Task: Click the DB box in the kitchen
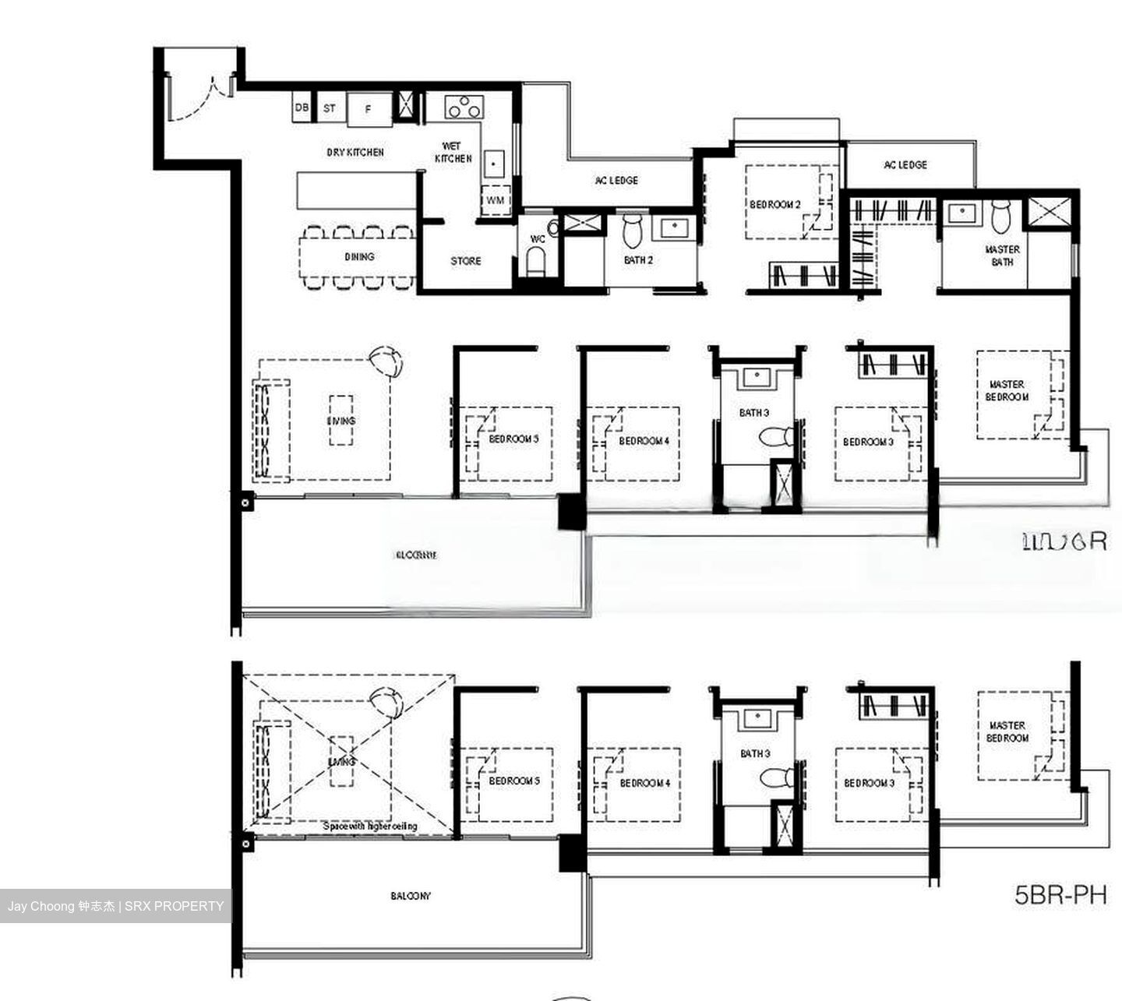(302, 108)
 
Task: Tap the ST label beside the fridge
(330, 108)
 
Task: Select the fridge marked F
(369, 109)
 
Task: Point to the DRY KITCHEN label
(355, 153)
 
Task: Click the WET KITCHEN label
(453, 152)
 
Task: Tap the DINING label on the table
(359, 256)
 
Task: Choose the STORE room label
(466, 261)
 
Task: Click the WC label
(538, 239)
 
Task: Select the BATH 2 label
(638, 260)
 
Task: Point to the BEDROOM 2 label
(774, 205)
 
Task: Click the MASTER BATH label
(1002, 256)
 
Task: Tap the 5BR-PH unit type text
(1060, 895)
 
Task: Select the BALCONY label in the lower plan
(410, 896)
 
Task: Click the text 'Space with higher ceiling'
(370, 826)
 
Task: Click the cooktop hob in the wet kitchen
(463, 107)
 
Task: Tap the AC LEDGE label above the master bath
(905, 165)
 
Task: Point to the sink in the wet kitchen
(493, 164)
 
